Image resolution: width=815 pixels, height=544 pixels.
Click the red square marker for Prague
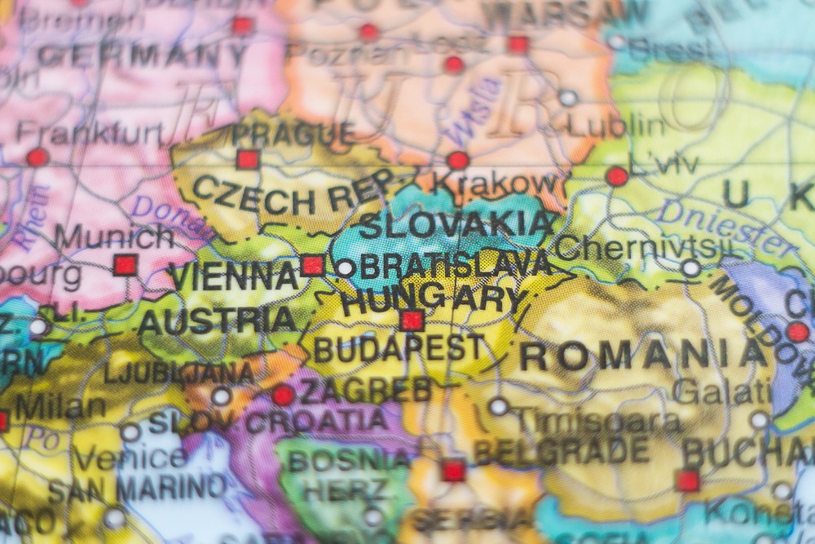[x=248, y=159]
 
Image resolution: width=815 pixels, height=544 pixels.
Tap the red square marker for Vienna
[x=313, y=265]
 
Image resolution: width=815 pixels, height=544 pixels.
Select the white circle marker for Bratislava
[x=346, y=268]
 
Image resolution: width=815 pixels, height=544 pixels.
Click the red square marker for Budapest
[x=412, y=321]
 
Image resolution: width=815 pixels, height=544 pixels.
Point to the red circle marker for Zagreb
[x=283, y=396]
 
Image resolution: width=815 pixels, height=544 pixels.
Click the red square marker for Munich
[x=125, y=265]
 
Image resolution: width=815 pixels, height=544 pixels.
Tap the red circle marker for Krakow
[x=459, y=161]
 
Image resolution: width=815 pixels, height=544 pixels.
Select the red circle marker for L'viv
[x=617, y=176]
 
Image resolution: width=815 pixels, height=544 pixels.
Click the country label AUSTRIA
[x=217, y=321]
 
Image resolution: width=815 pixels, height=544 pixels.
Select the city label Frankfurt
[x=90, y=132]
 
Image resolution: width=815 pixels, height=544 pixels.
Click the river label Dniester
[x=725, y=223]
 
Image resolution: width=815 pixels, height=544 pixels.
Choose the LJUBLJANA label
[x=179, y=373]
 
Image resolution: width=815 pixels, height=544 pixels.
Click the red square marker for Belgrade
[x=453, y=471]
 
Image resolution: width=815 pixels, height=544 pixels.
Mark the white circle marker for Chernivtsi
[x=691, y=268]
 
